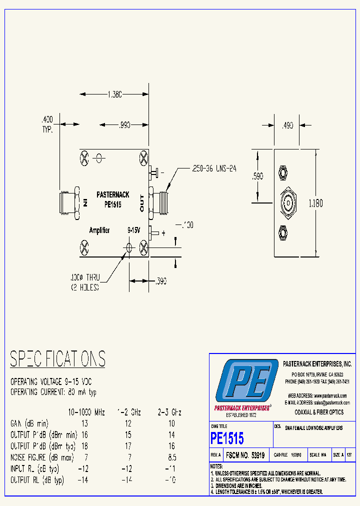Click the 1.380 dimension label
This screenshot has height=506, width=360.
(x=115, y=94)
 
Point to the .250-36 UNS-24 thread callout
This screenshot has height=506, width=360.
(x=213, y=169)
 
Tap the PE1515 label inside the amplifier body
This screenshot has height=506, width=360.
(x=113, y=204)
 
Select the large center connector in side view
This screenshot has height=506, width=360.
(x=288, y=202)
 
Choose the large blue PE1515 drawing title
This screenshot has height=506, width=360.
(x=227, y=438)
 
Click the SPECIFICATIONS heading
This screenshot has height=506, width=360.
(x=57, y=359)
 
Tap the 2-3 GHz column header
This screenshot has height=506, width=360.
(x=169, y=412)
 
